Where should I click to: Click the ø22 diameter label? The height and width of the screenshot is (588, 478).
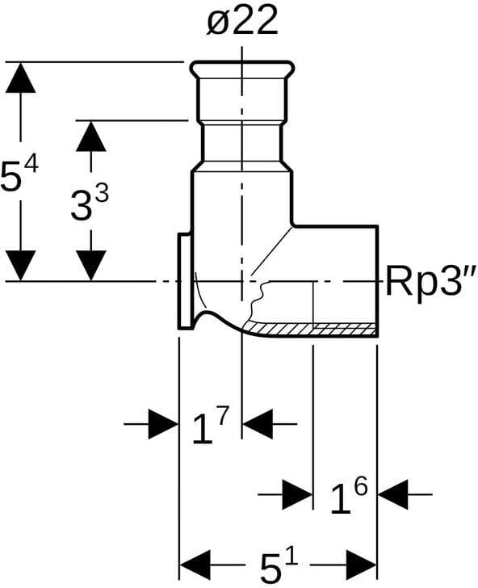(x=242, y=21)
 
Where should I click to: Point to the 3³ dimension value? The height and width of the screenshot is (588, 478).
(x=90, y=204)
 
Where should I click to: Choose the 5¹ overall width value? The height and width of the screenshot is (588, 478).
(x=279, y=565)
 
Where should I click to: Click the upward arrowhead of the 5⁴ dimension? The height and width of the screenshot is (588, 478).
(x=21, y=78)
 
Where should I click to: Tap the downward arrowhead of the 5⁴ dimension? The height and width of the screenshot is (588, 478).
(x=21, y=266)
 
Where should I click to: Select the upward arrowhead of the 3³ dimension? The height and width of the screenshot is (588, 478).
(x=90, y=136)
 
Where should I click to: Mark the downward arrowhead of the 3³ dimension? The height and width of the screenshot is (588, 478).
(x=90, y=266)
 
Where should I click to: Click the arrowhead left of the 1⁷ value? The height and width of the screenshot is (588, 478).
(x=163, y=424)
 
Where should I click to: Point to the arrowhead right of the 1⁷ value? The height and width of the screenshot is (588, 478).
(x=258, y=424)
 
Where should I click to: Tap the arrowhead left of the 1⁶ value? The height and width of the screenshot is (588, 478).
(x=297, y=494)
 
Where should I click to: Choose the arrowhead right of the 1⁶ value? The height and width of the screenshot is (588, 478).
(x=393, y=494)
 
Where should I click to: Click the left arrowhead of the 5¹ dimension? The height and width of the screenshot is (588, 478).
(x=195, y=565)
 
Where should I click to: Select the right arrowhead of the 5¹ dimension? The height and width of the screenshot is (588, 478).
(x=362, y=565)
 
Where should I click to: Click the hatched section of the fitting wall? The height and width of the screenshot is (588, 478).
(x=310, y=329)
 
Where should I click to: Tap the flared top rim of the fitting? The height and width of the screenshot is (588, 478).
(x=241, y=69)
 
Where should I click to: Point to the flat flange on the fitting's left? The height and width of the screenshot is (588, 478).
(x=185, y=281)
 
